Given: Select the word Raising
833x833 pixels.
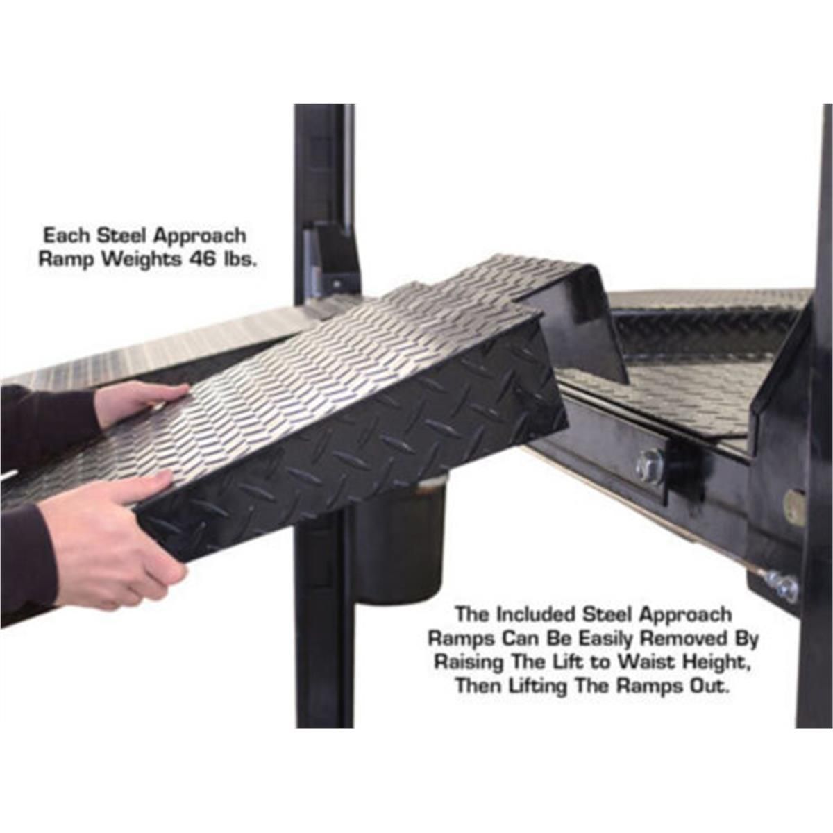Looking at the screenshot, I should tap(468, 662).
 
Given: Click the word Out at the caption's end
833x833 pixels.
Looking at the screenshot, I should tap(708, 686).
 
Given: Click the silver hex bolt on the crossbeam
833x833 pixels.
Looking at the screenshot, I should tap(650, 466).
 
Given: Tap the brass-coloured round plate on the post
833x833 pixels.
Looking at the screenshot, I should tap(795, 507).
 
